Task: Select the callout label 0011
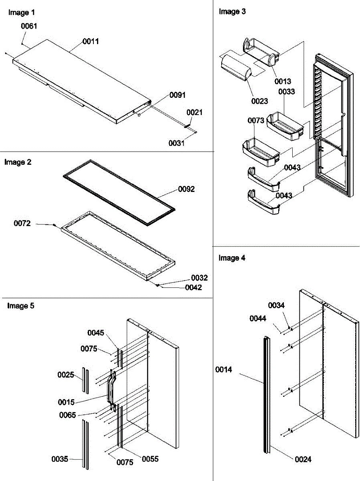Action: pyautogui.click(x=91, y=41)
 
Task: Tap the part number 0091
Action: pyautogui.click(x=177, y=95)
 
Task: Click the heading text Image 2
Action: pyautogui.click(x=18, y=162)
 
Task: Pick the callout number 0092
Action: pyautogui.click(x=187, y=189)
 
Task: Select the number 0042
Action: pyautogui.click(x=193, y=287)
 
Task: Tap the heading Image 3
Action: pyautogui.click(x=232, y=12)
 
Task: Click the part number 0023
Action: pyautogui.click(x=260, y=101)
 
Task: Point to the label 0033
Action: pyautogui.click(x=287, y=91)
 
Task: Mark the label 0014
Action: pyautogui.click(x=223, y=370)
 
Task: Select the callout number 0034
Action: pyautogui.click(x=288, y=305)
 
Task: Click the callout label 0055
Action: pyautogui.click(x=150, y=459)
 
